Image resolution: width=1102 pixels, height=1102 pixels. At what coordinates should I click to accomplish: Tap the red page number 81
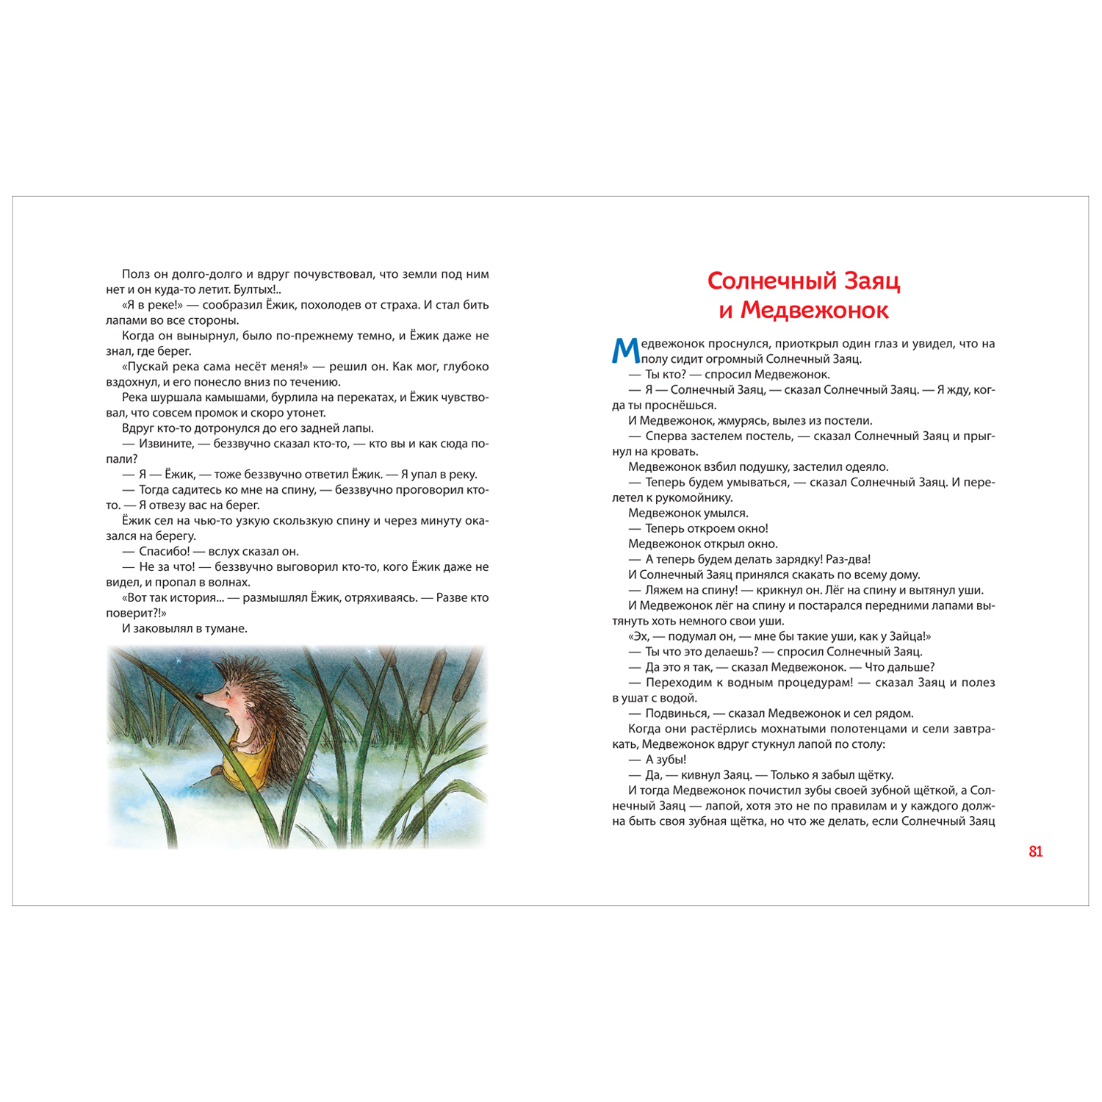pyautogui.click(x=1035, y=851)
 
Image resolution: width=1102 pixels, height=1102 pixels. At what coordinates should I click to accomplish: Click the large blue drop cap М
pyautogui.click(x=624, y=350)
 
